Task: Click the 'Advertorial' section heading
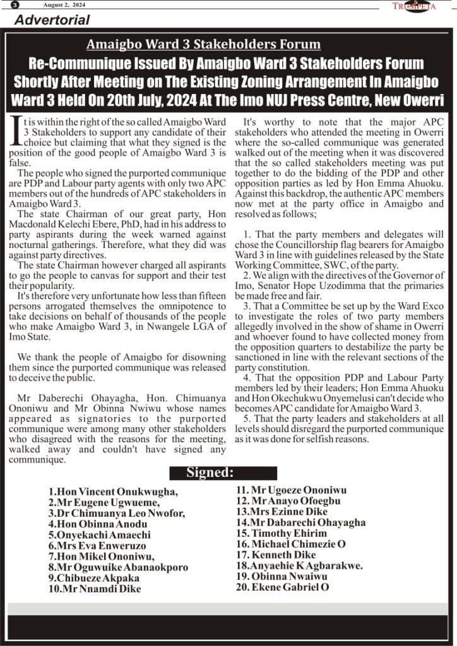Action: (52, 20)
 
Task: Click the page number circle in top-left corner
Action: (15, 5)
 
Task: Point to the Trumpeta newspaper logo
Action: (414, 6)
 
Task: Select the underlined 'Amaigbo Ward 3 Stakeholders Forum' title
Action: (203, 45)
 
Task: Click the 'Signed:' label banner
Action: (210, 473)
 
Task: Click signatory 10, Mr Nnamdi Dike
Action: (94, 589)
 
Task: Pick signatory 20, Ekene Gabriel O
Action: (283, 587)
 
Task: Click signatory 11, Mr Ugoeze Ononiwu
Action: (291, 490)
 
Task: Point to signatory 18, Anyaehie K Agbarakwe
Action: (299, 565)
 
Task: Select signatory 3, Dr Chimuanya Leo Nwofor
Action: (116, 514)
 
